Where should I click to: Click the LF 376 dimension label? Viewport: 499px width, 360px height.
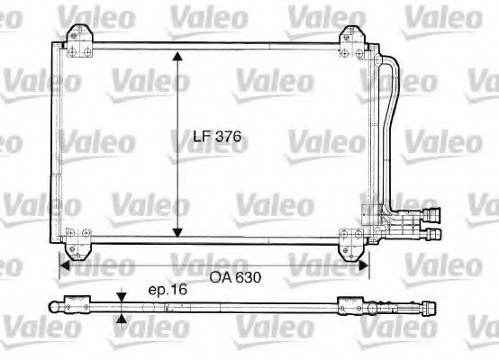coord(217,137)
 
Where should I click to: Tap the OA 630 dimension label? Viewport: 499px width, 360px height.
coord(235,277)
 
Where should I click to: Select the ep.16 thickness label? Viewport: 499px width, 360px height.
coord(168,290)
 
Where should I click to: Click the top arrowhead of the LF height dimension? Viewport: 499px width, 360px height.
coord(177,56)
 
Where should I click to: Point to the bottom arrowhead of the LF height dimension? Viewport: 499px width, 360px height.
coord(177,233)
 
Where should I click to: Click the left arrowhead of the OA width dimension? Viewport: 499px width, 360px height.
coord(65,265)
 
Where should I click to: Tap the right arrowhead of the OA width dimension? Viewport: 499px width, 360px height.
coord(364,265)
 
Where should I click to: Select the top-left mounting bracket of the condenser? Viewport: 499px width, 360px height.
coord(79,41)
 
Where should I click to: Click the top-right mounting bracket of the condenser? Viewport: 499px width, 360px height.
coord(352,42)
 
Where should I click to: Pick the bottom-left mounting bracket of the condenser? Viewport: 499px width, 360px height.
coord(78,244)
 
